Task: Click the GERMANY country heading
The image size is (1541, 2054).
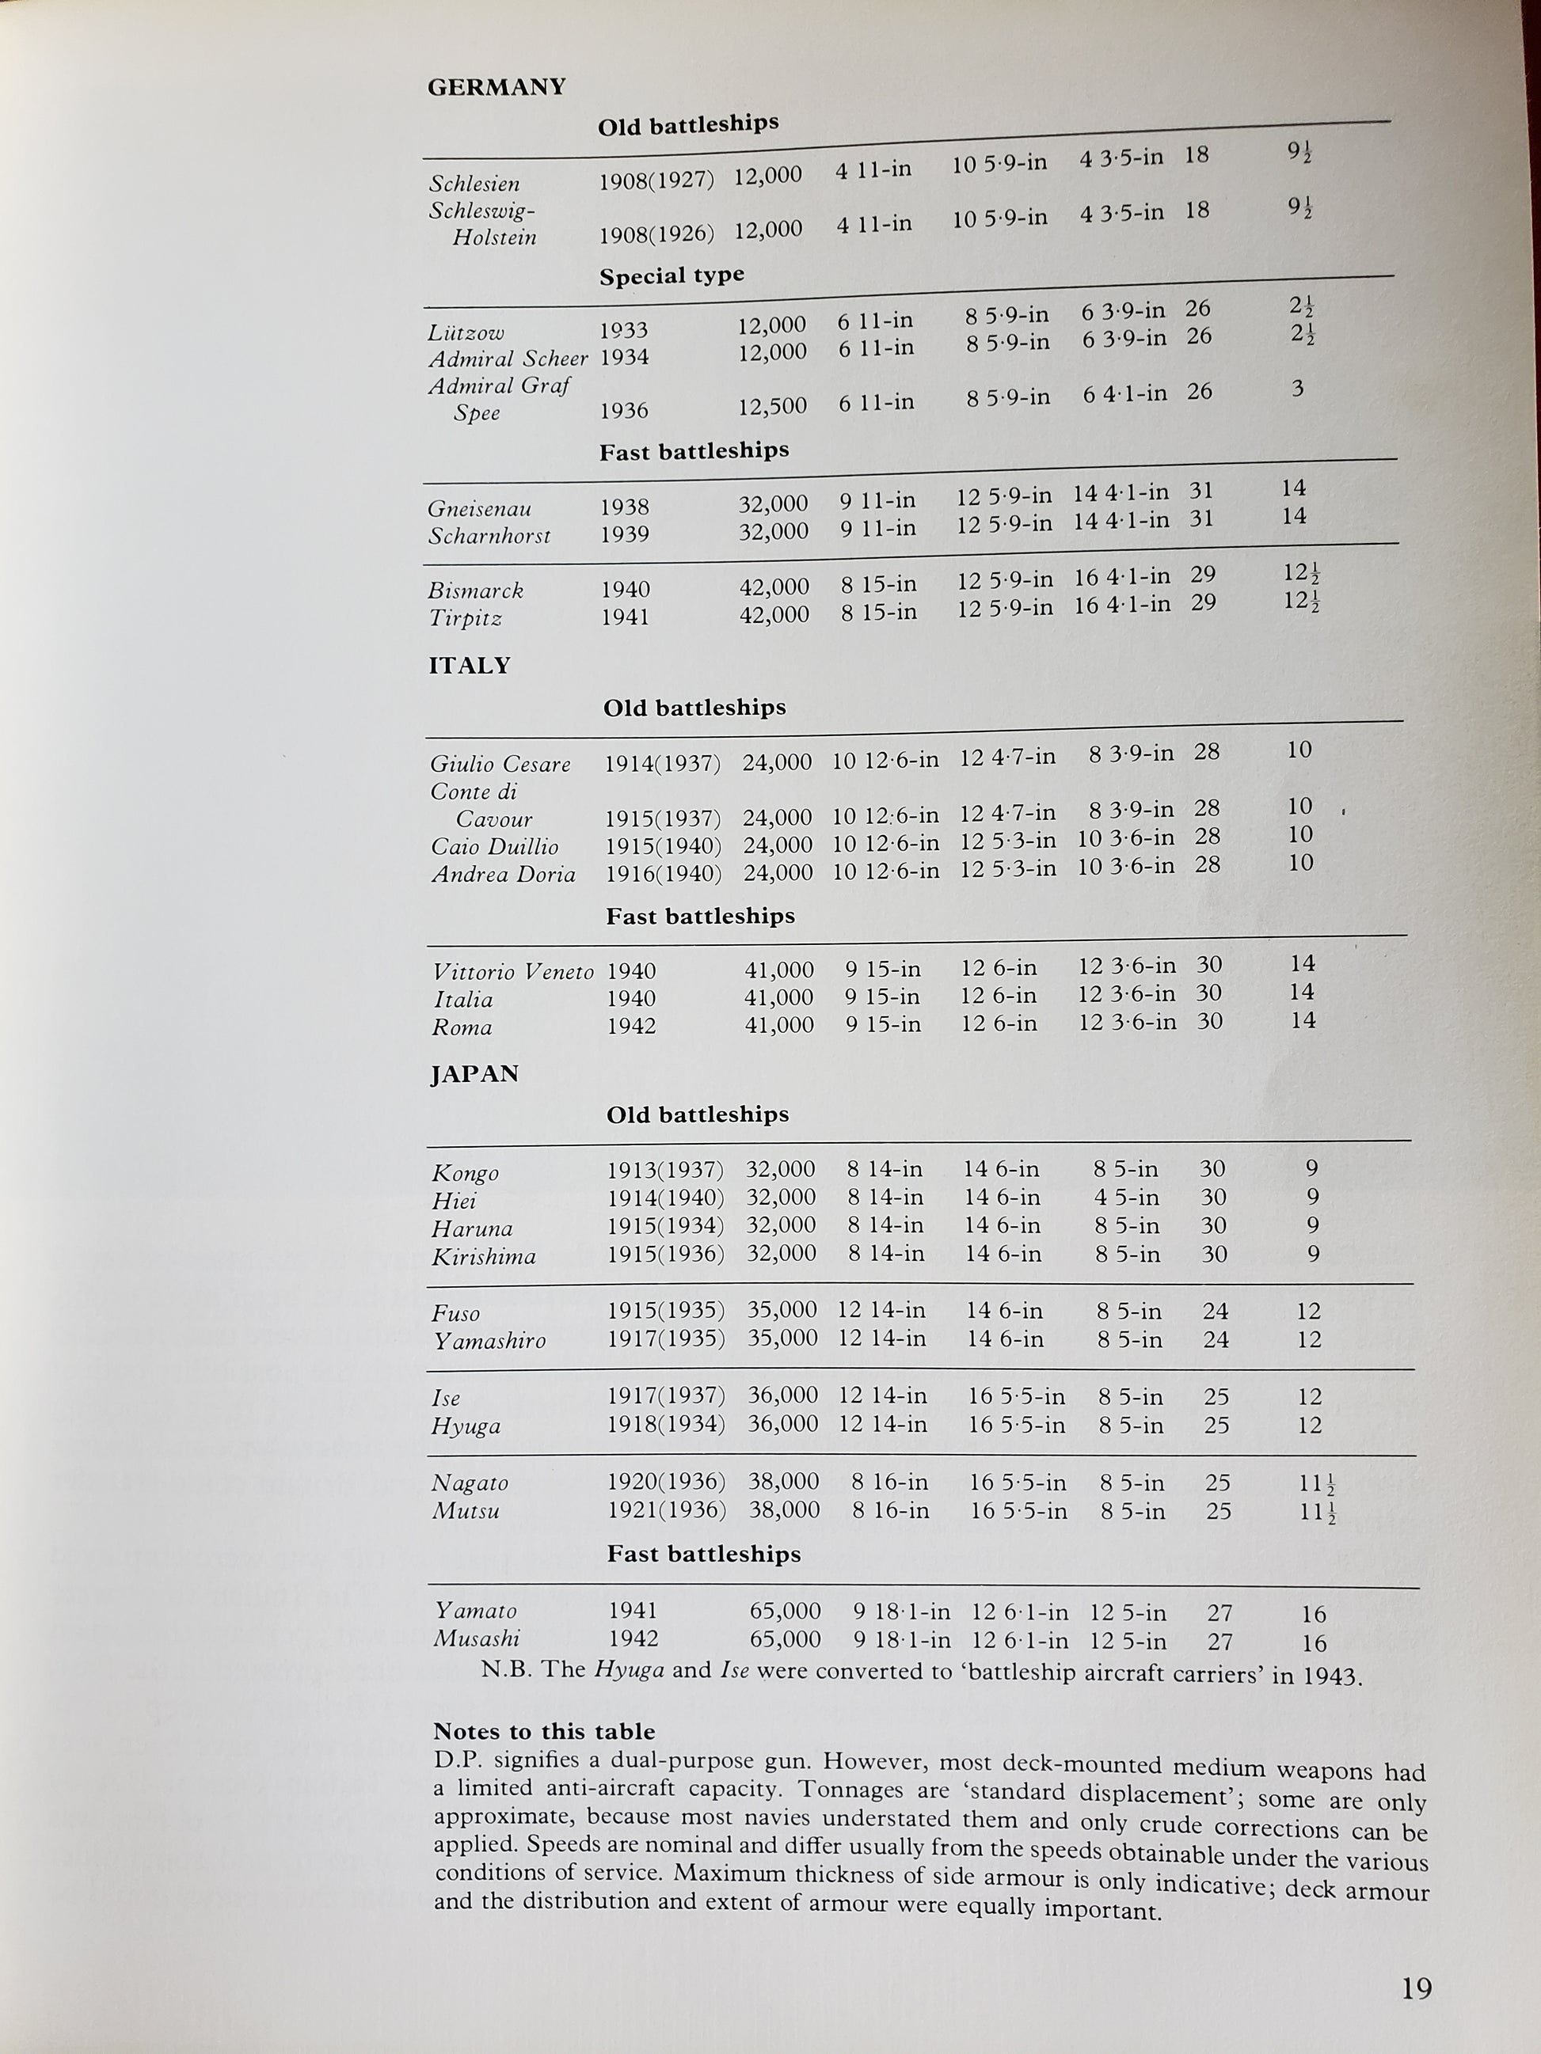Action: pos(496,87)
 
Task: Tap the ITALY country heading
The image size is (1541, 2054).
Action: pos(469,666)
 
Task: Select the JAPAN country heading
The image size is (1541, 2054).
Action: pos(474,1074)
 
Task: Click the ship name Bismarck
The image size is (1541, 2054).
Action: pos(476,590)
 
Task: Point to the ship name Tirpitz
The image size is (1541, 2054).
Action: pos(464,618)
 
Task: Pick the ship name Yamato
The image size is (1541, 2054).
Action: pos(476,1611)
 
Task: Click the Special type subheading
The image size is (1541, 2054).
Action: pos(672,275)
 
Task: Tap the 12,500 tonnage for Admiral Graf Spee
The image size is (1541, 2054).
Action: pos(772,407)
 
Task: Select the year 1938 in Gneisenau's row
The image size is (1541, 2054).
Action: pos(624,507)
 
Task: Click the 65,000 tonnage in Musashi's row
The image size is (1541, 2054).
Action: pos(785,1639)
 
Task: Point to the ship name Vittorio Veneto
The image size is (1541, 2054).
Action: pos(512,972)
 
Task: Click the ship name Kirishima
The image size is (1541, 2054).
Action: pos(483,1257)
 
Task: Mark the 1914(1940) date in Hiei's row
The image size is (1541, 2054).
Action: pos(665,1198)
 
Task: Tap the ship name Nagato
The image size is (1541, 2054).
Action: pos(470,1483)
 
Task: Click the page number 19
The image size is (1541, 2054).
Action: pos(1417,1989)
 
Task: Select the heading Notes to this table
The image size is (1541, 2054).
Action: pos(543,1732)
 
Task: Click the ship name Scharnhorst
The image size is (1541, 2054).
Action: pos(489,537)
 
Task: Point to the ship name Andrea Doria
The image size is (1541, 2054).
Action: pos(503,875)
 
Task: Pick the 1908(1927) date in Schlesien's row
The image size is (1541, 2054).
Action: pos(656,180)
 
